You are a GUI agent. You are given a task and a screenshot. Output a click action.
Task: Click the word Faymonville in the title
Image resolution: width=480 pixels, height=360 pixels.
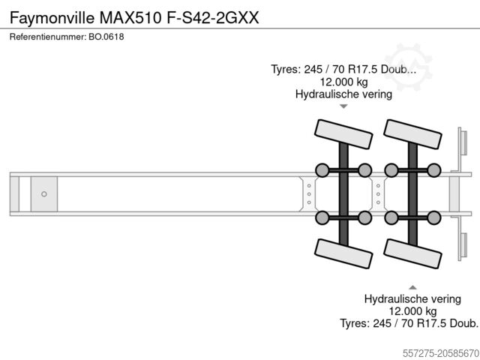pos(52,18)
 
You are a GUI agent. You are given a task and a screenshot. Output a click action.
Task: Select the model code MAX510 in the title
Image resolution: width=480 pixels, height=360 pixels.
pos(130,17)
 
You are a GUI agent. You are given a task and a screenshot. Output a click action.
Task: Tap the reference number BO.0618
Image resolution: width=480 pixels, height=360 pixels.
pos(106,37)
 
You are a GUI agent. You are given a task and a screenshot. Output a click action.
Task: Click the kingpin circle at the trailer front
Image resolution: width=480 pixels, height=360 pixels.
pos(44,194)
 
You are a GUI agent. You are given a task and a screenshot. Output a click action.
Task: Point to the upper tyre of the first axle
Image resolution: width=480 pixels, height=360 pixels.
pos(343,134)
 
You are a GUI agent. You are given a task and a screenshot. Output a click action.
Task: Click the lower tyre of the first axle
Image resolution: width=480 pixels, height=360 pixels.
pos(343,253)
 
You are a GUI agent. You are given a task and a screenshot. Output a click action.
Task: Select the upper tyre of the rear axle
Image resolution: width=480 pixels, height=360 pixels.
pos(412,134)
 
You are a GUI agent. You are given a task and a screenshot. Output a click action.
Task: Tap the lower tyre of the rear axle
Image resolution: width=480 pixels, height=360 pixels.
pos(412,253)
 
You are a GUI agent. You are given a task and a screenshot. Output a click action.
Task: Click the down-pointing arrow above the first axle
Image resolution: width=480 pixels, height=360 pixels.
pos(343,106)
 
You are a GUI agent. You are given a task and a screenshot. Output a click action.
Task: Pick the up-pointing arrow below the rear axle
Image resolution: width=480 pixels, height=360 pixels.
pos(412,287)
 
